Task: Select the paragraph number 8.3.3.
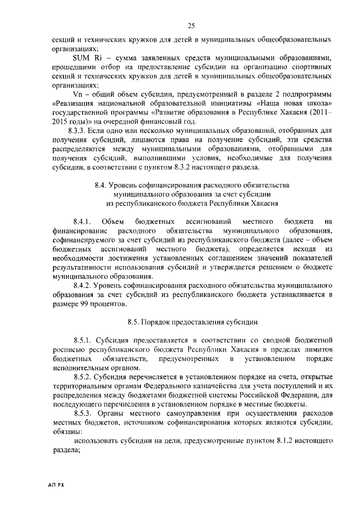(82, 130)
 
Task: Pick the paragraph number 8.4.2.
(82, 286)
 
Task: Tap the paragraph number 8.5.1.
(82, 340)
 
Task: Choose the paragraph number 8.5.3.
(82, 413)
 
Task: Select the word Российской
(259, 395)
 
